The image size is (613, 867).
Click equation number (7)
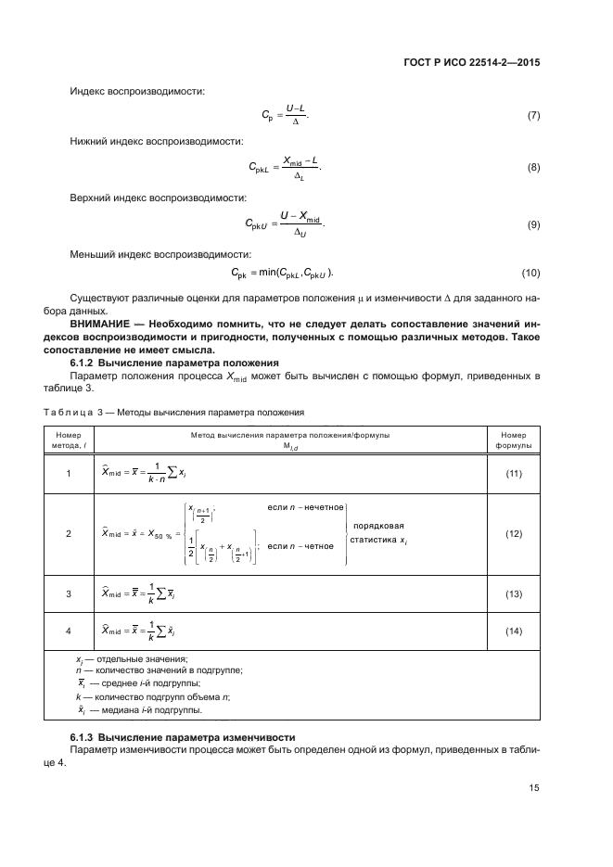click(532, 117)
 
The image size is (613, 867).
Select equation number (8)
click(532, 167)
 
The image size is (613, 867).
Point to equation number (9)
click(532, 225)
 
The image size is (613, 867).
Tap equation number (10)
click(530, 274)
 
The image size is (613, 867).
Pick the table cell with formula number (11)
click(514, 474)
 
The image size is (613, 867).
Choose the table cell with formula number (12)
click(514, 534)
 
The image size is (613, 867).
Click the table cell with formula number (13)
click(514, 593)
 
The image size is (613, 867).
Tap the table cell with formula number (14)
click(514, 631)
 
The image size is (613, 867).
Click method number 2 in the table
click(68, 534)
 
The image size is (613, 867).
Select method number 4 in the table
click(68, 631)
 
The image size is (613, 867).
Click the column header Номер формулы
click(514, 439)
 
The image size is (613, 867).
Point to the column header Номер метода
click(68, 439)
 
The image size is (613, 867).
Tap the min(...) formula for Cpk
click(283, 274)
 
